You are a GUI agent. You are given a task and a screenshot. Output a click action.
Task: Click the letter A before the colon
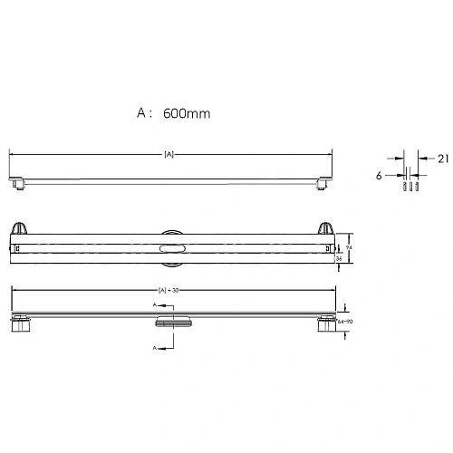141,113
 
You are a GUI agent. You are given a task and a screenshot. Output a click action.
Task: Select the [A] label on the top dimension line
169,154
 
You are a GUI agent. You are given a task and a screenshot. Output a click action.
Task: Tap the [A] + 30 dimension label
169,291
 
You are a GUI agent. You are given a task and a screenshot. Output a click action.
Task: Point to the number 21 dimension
441,159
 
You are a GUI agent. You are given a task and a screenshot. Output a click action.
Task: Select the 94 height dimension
348,246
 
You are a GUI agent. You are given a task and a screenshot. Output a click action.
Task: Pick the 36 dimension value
339,258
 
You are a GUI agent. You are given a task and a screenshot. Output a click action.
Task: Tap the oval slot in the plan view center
170,247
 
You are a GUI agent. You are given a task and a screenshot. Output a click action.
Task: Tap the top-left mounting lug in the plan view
21,228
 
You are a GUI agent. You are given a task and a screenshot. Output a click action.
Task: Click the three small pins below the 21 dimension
408,188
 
